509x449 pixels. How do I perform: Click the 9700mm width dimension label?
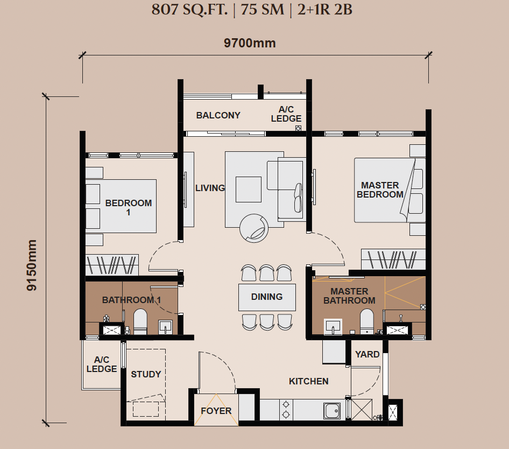coord(250,43)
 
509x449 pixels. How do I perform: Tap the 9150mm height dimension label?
coord(32,265)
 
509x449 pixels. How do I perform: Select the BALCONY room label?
coord(218,115)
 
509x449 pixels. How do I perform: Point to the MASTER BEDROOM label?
coord(380,190)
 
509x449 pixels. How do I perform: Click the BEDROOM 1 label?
coord(129,207)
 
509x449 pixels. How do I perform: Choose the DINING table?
coord(267,297)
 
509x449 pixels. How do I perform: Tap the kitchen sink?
coord(332,411)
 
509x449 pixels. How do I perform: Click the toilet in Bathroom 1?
coord(140,321)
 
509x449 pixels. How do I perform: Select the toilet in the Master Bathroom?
coord(367,321)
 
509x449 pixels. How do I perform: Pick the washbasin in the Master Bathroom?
coord(333,326)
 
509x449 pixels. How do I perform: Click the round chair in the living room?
coord(254,228)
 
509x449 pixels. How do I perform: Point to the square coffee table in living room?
coord(249,190)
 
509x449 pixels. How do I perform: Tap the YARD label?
coord(367,354)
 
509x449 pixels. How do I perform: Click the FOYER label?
coord(216,411)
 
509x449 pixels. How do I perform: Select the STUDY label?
coord(146,374)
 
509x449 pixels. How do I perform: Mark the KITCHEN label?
coord(309,381)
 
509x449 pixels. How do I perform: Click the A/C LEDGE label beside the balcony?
coord(286,114)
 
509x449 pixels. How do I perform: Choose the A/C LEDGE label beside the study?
coord(102,364)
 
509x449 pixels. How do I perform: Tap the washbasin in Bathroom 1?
coord(165,327)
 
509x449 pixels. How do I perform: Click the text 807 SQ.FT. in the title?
coord(189,10)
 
